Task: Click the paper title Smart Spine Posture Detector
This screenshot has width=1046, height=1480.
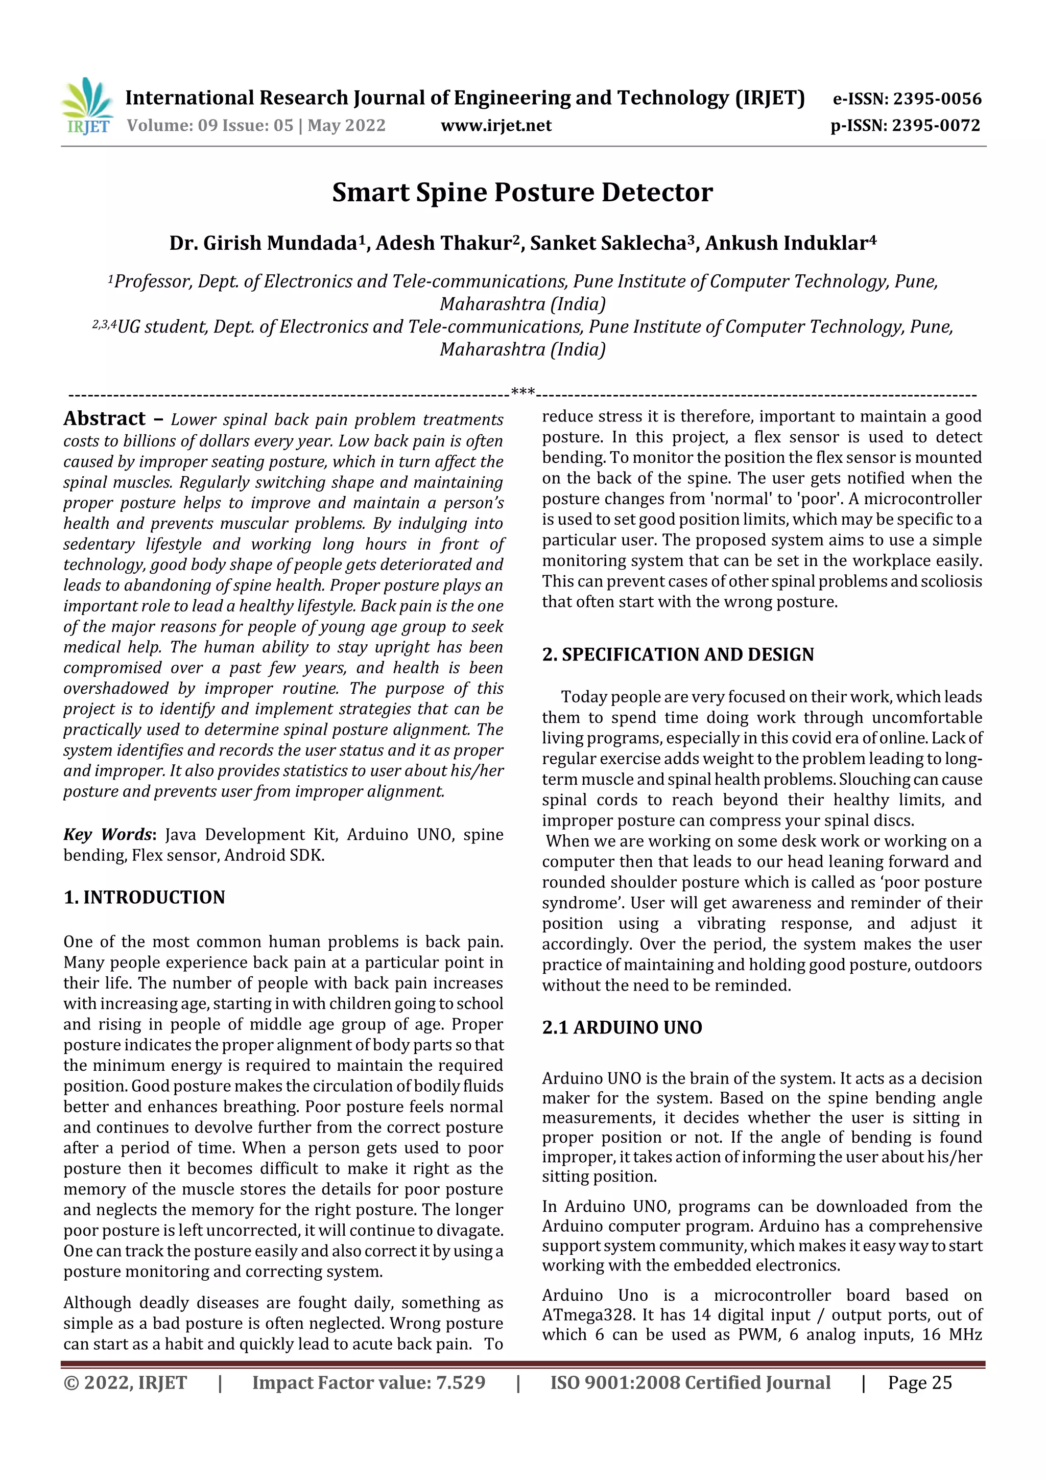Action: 522,192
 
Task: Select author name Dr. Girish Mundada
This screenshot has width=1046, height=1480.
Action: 263,243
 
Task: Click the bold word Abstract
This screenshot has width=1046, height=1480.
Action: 104,418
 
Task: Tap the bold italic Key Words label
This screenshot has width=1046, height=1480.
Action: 108,834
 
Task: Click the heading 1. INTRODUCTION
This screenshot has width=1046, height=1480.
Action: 145,897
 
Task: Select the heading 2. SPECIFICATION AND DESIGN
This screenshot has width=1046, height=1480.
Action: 677,654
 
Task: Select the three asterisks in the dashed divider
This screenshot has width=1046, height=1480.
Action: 522,392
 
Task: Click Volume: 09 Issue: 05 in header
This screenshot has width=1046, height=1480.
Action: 210,125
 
